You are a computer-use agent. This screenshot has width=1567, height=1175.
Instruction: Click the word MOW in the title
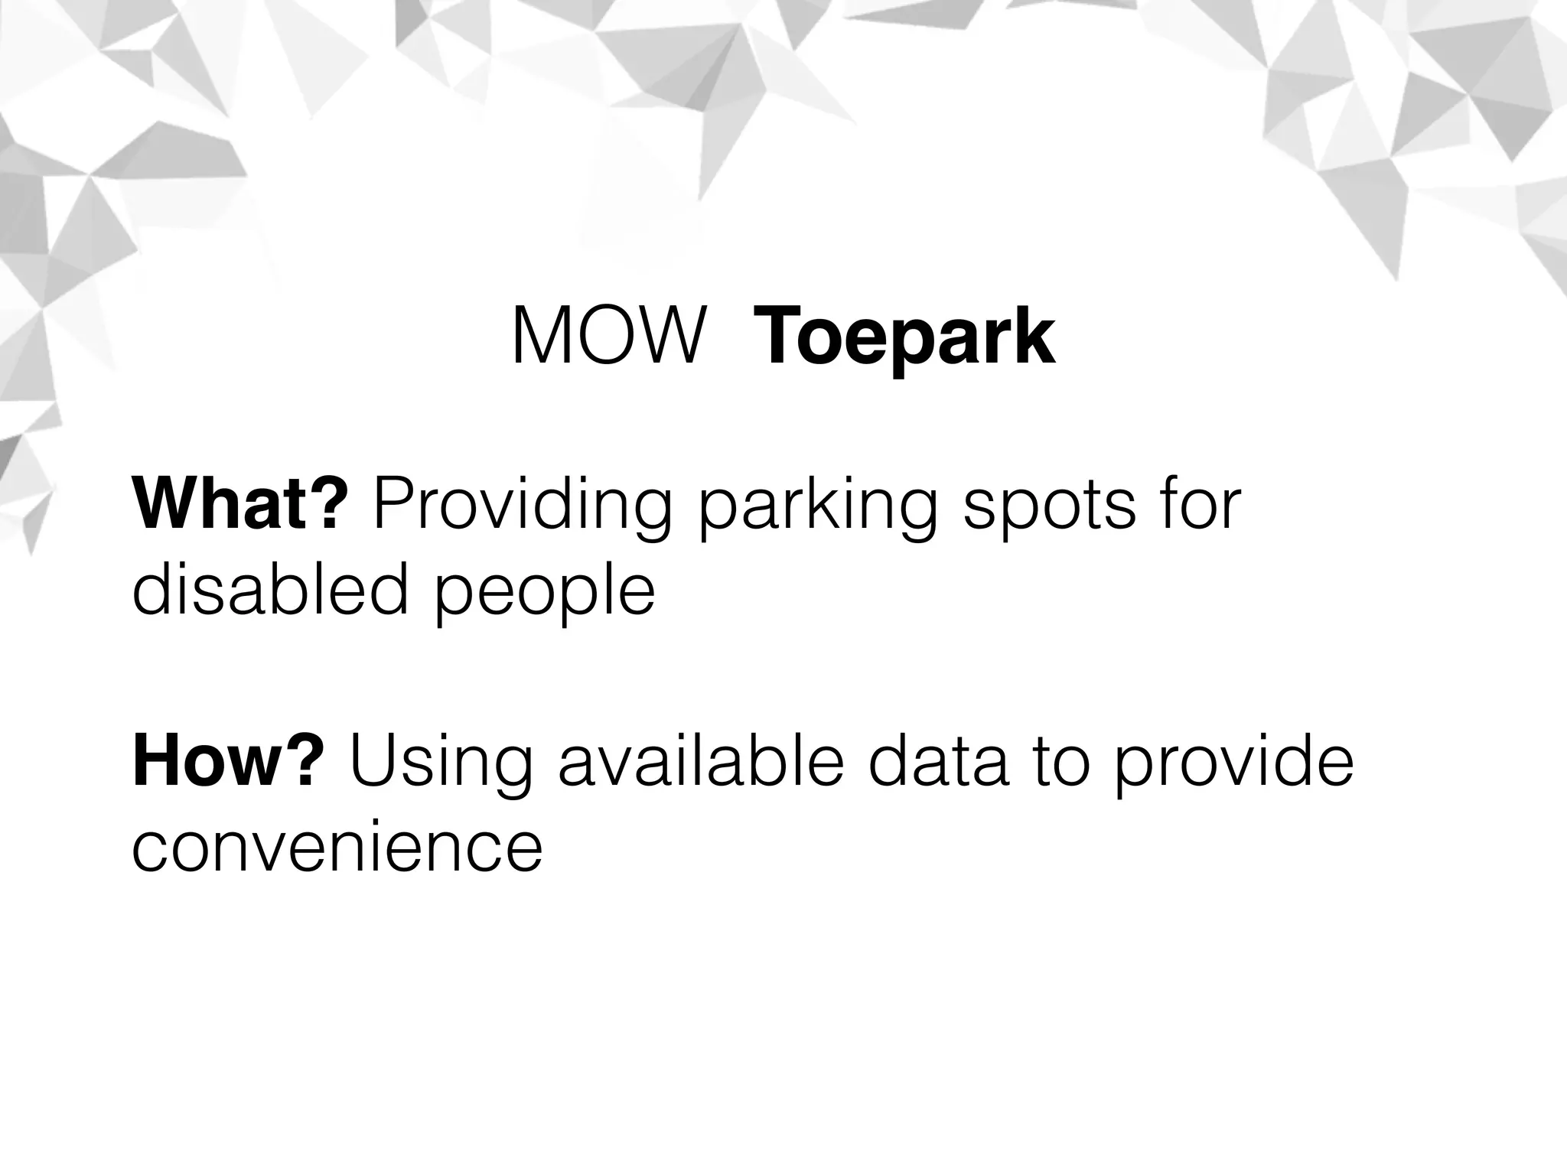608,337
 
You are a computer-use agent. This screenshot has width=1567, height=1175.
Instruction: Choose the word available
702,762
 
